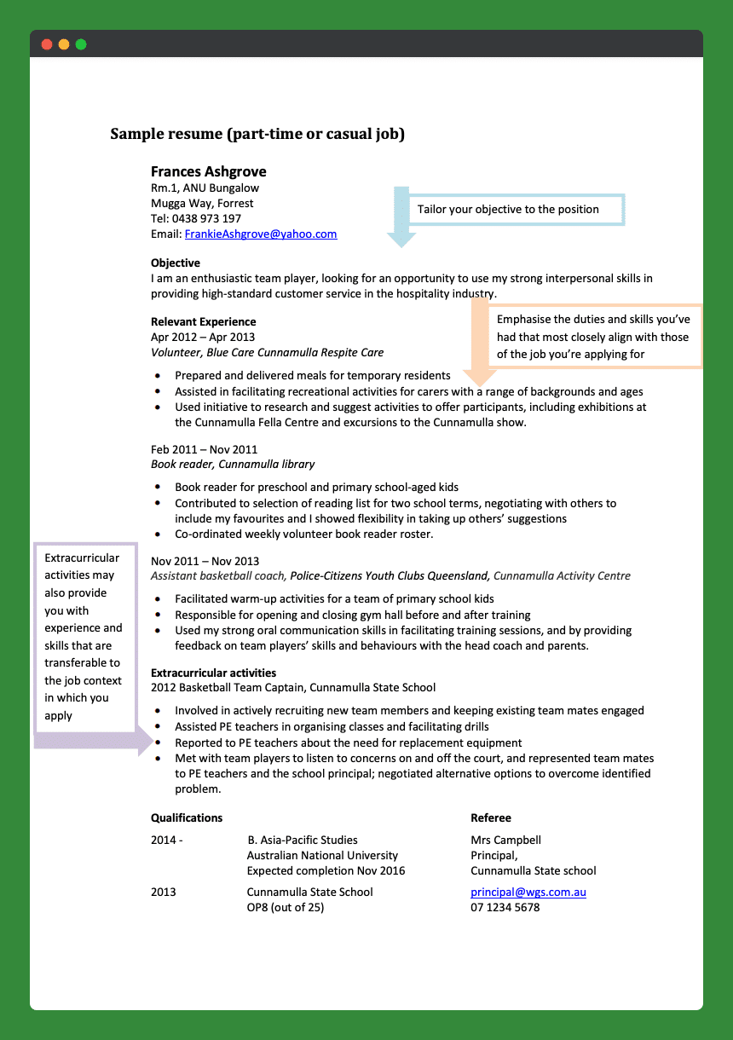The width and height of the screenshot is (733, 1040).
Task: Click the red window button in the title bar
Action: (x=46, y=44)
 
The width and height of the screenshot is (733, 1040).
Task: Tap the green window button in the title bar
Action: (x=81, y=44)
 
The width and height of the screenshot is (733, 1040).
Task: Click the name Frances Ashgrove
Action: (x=208, y=171)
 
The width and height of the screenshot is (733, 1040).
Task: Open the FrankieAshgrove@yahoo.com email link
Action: (x=261, y=234)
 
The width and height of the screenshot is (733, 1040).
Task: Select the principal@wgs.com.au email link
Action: (x=528, y=892)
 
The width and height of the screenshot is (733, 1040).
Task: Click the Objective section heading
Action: (x=176, y=263)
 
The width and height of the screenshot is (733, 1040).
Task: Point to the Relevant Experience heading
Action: (x=203, y=321)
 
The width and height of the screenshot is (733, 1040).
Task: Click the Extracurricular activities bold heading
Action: (x=213, y=673)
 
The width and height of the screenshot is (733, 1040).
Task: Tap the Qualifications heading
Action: (x=187, y=818)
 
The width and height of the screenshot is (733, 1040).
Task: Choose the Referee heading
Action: (x=491, y=818)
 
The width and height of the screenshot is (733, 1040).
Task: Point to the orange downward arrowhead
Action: (x=480, y=377)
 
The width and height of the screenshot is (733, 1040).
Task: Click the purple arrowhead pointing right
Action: (x=143, y=742)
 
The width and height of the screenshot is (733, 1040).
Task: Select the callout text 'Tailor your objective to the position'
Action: (x=508, y=210)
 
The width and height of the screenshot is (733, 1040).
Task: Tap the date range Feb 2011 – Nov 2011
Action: (x=204, y=449)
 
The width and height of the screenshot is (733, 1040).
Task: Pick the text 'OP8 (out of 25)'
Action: (x=286, y=907)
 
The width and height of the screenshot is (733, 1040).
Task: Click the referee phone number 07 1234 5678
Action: (x=505, y=907)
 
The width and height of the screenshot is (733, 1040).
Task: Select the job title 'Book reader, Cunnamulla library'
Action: (x=233, y=465)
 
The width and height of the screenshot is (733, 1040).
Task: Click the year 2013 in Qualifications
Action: (x=164, y=892)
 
